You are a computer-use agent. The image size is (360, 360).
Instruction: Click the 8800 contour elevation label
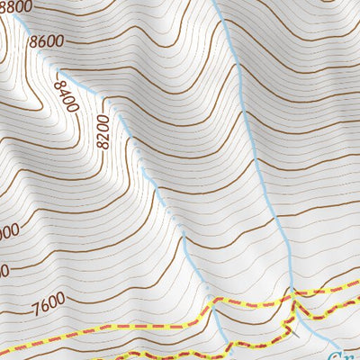(15, 6)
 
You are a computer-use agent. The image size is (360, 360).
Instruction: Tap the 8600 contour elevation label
(47, 40)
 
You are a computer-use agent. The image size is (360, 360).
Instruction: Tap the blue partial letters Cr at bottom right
(346, 354)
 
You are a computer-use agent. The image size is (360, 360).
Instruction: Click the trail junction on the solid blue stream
(292, 293)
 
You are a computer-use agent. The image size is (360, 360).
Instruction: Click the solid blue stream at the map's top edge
(216, 3)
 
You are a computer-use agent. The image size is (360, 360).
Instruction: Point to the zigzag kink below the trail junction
(296, 310)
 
